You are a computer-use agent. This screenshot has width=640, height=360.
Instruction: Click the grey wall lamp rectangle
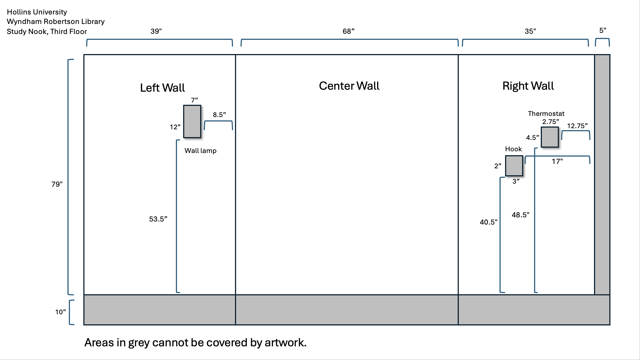click(192, 121)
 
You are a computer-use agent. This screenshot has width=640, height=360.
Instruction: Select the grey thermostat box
click(550, 137)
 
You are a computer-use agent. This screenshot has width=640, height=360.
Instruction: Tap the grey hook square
click(514, 166)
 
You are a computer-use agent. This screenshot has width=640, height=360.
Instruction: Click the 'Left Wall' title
click(162, 88)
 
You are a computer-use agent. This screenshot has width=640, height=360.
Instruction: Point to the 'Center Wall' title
click(349, 86)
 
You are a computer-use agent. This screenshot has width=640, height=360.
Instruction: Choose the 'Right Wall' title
click(528, 86)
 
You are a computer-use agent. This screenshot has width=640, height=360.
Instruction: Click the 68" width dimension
click(348, 31)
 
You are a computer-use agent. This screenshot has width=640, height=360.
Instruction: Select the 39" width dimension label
click(156, 31)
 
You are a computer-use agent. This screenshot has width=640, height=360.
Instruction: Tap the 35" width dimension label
click(530, 31)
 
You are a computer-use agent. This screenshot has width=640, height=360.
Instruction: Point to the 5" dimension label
click(603, 30)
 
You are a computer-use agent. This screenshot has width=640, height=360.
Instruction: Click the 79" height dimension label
click(57, 184)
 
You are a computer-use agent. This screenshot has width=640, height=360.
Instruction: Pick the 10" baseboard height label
click(60, 312)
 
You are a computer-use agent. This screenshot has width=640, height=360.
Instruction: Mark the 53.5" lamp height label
click(158, 219)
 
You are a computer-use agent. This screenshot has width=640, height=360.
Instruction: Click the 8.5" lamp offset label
click(219, 115)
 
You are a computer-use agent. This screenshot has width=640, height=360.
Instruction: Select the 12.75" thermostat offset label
click(577, 126)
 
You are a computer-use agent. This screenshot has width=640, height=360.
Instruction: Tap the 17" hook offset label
click(557, 161)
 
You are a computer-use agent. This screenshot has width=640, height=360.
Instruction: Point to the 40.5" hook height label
click(488, 222)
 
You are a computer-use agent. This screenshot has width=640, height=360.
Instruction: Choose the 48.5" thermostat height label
click(520, 215)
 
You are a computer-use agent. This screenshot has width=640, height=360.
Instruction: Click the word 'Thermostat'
click(546, 114)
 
